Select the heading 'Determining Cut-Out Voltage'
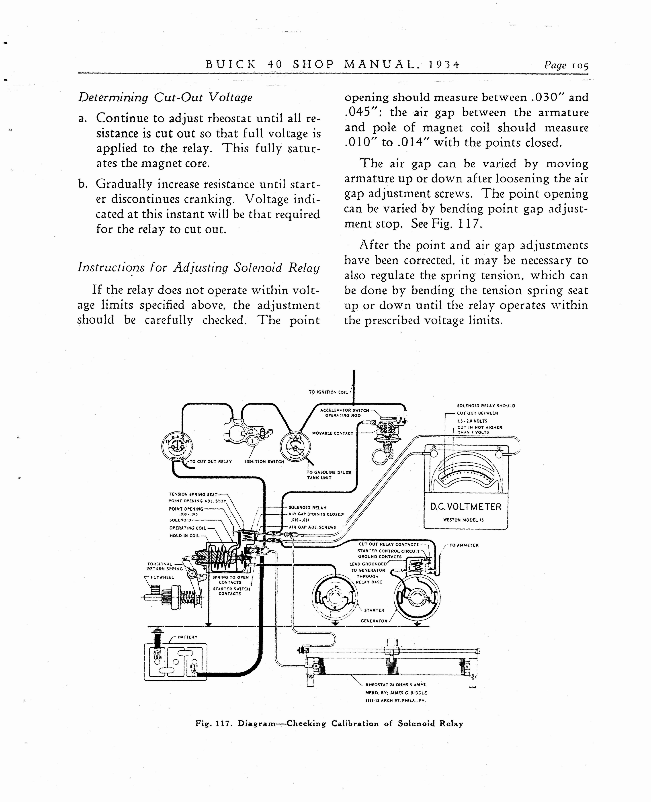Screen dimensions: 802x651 165,98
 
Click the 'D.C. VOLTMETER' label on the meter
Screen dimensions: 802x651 466,507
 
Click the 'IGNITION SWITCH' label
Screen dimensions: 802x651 264,462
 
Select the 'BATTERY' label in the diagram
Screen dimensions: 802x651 188,637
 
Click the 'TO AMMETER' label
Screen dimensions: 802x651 464,545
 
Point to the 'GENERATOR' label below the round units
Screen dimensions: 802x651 374,621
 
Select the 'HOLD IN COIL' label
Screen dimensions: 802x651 184,536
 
